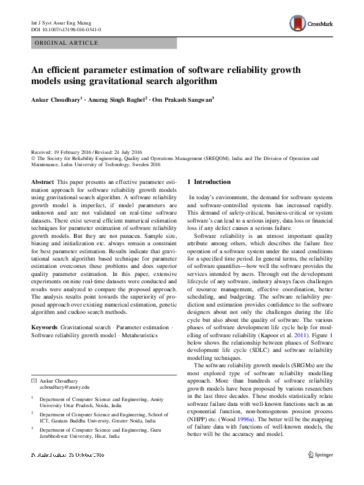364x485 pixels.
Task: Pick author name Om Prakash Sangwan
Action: tap(183, 99)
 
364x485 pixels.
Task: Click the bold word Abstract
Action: tap(42, 182)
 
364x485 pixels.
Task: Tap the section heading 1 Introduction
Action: tap(209, 182)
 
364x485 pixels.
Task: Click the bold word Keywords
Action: tap(45, 328)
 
